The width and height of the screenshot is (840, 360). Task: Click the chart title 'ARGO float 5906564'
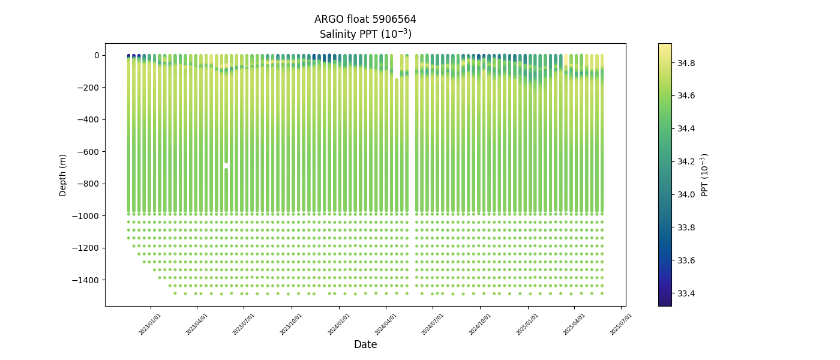365,19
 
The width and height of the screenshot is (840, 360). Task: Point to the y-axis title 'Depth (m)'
63,175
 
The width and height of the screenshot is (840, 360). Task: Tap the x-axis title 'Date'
365,344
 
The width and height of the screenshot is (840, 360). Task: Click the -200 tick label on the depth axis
89,88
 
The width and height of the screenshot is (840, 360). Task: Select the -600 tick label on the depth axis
89,152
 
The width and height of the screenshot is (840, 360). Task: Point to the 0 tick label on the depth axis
96,56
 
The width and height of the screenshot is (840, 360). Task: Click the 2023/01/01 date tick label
150,324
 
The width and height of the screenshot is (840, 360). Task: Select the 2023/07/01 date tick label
244,324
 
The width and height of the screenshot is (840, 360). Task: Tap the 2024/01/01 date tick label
338,324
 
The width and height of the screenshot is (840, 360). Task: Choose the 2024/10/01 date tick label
479,324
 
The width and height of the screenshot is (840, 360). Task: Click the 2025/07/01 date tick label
621,324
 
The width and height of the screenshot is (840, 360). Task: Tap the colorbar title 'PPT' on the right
705,175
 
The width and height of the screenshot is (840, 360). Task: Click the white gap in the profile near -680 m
226,165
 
